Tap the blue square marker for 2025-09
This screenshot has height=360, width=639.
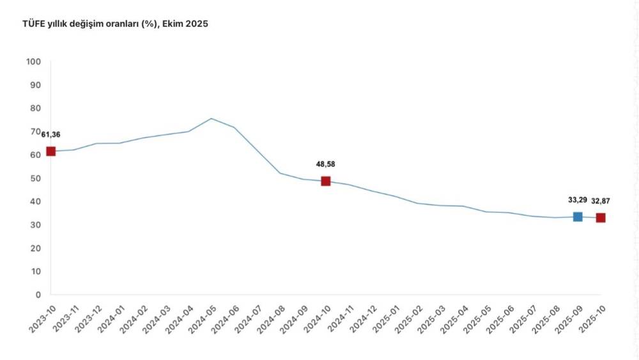pyautogui.click(x=578, y=217)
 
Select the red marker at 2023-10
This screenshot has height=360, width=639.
pyautogui.click(x=51, y=152)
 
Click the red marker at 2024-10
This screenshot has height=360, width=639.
pyautogui.click(x=326, y=181)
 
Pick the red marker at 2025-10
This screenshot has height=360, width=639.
pyautogui.click(x=601, y=218)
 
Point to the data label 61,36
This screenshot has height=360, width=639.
pyautogui.click(x=51, y=134)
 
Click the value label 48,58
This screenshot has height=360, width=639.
pyautogui.click(x=325, y=164)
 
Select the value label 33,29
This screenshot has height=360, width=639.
pyautogui.click(x=578, y=200)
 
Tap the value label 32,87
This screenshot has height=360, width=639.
pyautogui.click(x=601, y=201)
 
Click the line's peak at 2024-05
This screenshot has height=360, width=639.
pyautogui.click(x=212, y=118)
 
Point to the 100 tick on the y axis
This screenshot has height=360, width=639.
pyautogui.click(x=33, y=61)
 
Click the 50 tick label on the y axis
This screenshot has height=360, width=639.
pyautogui.click(x=36, y=178)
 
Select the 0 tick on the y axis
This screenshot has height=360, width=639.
pyautogui.click(x=38, y=295)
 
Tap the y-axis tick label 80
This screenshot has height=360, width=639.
pyautogui.click(x=36, y=108)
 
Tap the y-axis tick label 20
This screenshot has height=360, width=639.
pyautogui.click(x=36, y=248)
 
